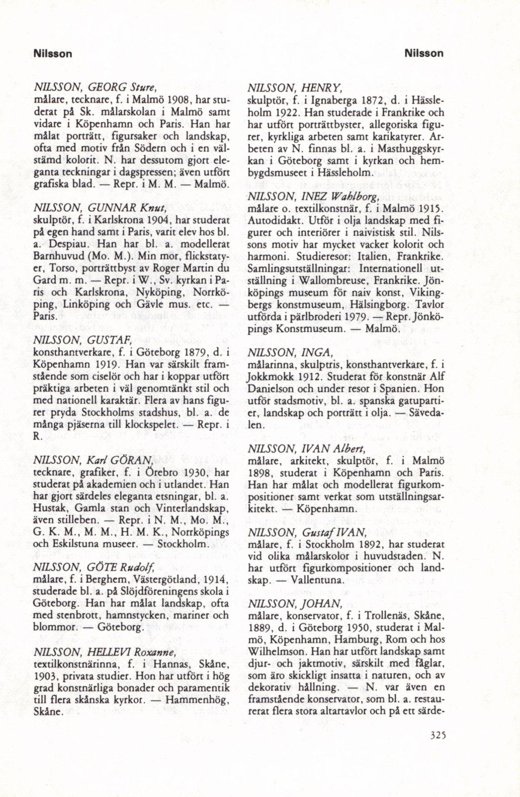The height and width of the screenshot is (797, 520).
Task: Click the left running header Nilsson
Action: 52,54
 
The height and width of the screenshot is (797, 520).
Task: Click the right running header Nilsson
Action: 424,54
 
